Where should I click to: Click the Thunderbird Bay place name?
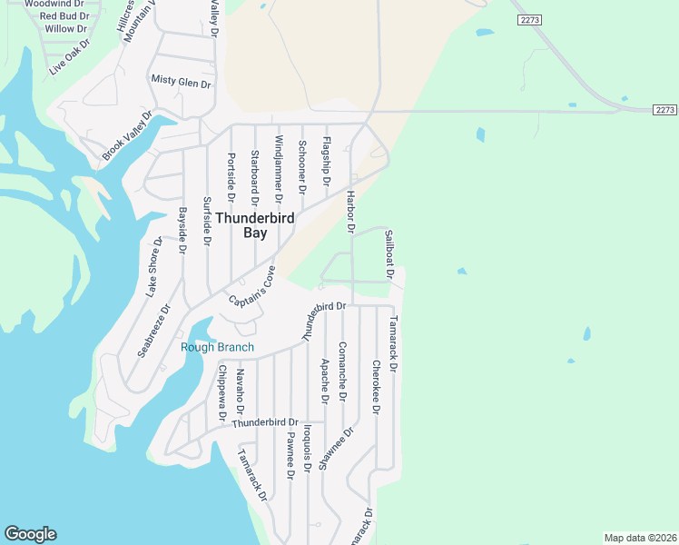242,224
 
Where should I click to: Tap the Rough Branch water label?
217,347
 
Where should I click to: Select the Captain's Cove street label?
251,288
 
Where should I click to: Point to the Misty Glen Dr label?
181,83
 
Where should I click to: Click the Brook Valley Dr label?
127,136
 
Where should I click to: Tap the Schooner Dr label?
301,164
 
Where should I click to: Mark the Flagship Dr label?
326,161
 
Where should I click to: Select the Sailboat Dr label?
389,253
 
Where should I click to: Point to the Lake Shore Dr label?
154,268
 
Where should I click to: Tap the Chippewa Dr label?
221,393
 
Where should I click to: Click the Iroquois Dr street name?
308,448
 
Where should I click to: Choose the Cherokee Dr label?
375,387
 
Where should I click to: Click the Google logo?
30,534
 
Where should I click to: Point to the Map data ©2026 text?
640,538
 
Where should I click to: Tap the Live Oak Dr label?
70,56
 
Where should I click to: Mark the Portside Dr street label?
231,178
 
